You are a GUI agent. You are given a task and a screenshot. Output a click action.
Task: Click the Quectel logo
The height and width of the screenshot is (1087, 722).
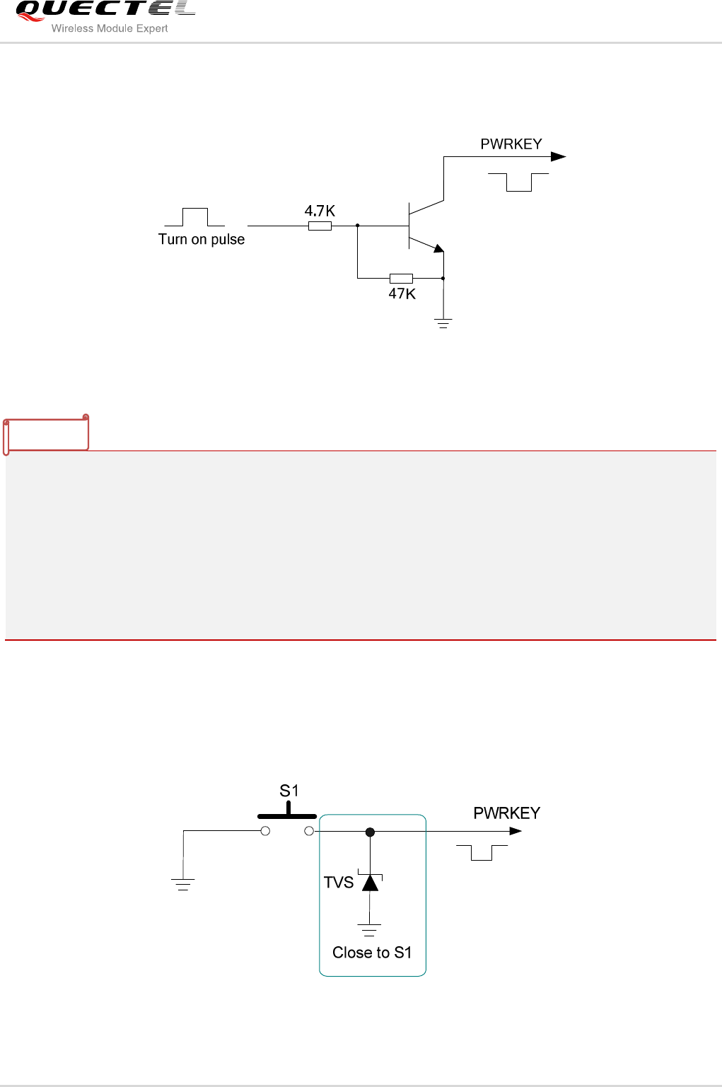click(x=105, y=10)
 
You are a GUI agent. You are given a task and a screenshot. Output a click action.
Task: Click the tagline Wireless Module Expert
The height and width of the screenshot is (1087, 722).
click(x=110, y=29)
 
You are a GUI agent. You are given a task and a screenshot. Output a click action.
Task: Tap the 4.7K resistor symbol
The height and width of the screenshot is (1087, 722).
click(x=320, y=226)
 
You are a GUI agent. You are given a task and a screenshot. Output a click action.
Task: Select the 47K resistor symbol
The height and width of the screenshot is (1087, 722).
click(x=401, y=278)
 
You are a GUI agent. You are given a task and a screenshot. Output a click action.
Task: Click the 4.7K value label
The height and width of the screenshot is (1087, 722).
click(x=320, y=211)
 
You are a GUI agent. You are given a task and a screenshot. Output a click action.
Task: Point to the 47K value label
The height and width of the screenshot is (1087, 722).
click(x=402, y=293)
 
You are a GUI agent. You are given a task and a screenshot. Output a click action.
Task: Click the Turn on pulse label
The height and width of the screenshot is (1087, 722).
click(x=202, y=239)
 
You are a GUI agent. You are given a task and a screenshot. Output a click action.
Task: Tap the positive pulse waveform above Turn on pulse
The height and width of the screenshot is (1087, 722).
click(x=194, y=216)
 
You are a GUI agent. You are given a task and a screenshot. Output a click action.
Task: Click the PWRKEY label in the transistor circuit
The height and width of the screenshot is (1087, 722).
click(x=511, y=144)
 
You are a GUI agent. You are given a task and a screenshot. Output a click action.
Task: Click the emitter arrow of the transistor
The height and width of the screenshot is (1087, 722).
click(x=438, y=248)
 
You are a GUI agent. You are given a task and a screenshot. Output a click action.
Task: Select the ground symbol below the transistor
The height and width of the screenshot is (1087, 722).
click(x=443, y=324)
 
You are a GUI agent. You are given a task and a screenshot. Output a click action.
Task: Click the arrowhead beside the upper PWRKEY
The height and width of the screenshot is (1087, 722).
click(x=558, y=156)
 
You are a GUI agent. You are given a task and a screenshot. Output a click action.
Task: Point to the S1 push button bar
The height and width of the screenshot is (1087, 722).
click(x=286, y=815)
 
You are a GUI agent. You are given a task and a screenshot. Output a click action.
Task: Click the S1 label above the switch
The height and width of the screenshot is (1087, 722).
click(x=289, y=791)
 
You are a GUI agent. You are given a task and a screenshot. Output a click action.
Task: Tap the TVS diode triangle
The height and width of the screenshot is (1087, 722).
click(x=370, y=883)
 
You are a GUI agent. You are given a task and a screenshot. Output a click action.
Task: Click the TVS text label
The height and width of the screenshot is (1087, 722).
click(x=338, y=883)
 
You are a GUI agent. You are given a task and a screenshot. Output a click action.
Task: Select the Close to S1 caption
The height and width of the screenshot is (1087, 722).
click(x=372, y=953)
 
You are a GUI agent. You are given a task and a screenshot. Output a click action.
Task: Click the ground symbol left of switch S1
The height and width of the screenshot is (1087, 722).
click(x=183, y=883)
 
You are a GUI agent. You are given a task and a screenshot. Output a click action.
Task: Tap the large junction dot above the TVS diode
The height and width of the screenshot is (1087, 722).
click(x=370, y=832)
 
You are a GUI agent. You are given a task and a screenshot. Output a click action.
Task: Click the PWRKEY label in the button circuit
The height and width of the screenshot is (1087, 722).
click(x=506, y=813)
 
